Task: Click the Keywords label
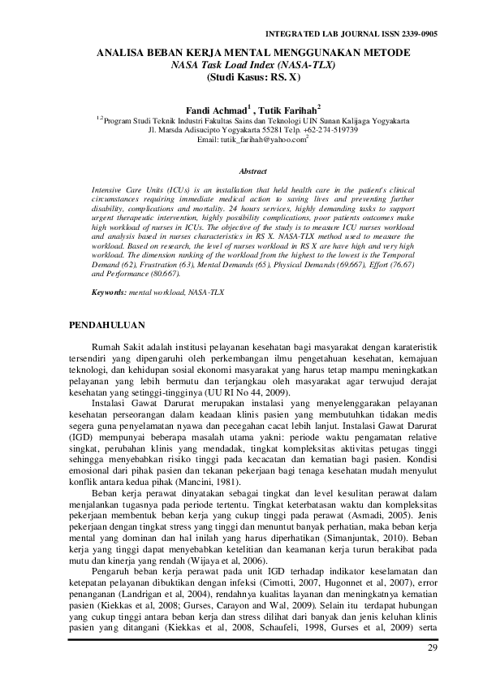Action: click(110, 290)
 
